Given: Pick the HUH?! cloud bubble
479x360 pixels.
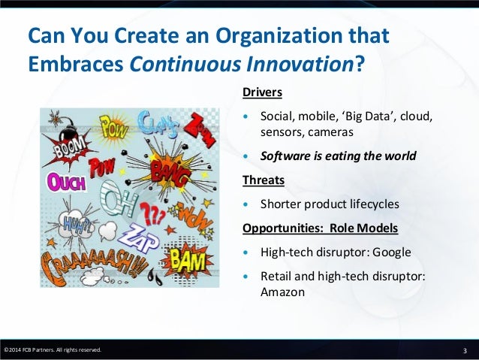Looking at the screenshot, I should coord(74,223).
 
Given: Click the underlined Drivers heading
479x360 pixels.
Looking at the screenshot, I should coord(262,93).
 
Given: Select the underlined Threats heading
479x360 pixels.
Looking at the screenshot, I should coord(262,180).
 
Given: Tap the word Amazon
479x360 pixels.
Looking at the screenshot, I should coord(282,292).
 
